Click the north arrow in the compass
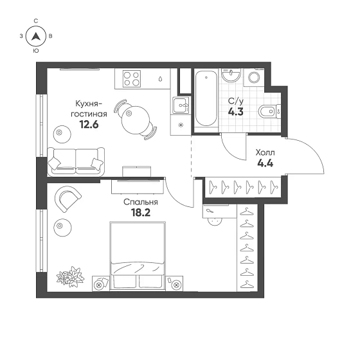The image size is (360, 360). point(36,36)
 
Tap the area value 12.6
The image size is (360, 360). point(89,125)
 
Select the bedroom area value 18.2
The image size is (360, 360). point(141,213)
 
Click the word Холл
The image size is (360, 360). point(265,152)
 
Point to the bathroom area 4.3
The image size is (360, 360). point(235,112)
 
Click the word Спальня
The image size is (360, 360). point(141,202)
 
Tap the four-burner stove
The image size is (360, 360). point(132,78)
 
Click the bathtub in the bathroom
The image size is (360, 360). point(206,98)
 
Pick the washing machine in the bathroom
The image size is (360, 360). point(254,77)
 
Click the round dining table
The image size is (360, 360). point(136,120)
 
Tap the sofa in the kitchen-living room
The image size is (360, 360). point(76,162)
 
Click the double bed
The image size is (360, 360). point(138,256)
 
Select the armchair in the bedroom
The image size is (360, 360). point(67,199)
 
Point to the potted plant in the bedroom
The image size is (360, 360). point(70,276)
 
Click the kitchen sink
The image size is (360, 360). point(181,105)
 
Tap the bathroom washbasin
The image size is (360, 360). point(231,75)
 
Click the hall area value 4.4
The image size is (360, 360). point(265,163)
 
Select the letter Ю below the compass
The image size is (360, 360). point(36,51)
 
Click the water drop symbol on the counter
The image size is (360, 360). point(160,79)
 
